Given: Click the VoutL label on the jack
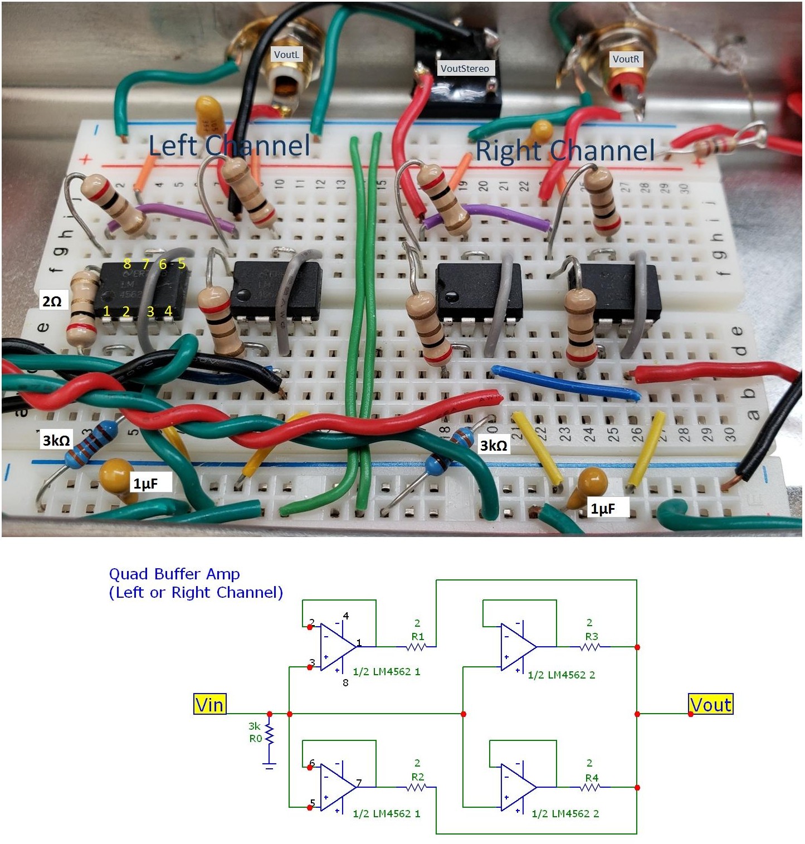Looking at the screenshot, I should tap(286, 55).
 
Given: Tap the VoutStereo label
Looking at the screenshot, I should tap(465, 69).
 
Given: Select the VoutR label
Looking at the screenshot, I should tap(626, 59).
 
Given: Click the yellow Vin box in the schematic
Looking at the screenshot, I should tap(209, 705).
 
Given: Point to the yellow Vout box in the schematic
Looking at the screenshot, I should tap(710, 705).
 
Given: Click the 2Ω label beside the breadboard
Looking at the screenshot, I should tap(52, 301).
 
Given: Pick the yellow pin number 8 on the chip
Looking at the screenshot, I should tap(128, 264).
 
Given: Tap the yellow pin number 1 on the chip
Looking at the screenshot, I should tap(106, 311).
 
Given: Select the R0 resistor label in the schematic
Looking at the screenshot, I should tap(255, 739).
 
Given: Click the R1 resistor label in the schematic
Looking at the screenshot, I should tap(418, 636).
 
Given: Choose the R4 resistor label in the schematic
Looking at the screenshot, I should tap(592, 778).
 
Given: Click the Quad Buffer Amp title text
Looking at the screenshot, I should tap(174, 574).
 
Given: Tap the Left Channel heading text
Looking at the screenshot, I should tap(229, 146).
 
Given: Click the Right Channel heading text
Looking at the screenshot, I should tap(565, 150).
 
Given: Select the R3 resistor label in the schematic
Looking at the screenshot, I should tap(592, 636).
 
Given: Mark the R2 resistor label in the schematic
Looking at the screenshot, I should tap(418, 777).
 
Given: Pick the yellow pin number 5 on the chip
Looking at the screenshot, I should tap(181, 264).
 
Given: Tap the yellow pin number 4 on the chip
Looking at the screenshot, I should tap(168, 311).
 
